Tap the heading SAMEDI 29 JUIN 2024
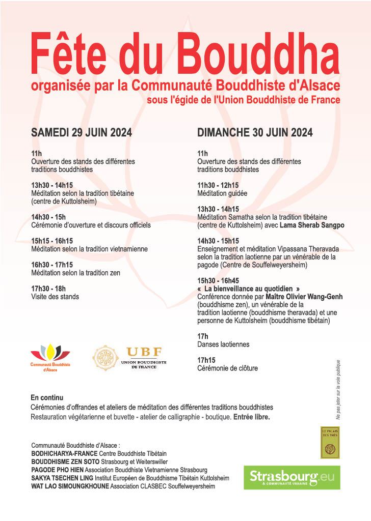pos(82,133)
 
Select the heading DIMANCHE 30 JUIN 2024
pos(255,133)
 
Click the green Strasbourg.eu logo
pos(291,477)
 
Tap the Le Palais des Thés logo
pos(329,442)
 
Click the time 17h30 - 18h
pos(48,288)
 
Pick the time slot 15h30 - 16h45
pos(218,280)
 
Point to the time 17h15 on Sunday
pos(206,360)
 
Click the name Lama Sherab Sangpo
pos(312,225)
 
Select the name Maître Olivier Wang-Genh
pos(304,296)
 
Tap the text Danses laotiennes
pos(223,344)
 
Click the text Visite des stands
pos(55,297)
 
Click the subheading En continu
pos(47,397)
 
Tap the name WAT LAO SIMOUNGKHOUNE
pos(70,486)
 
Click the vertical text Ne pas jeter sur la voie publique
pos(338,389)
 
